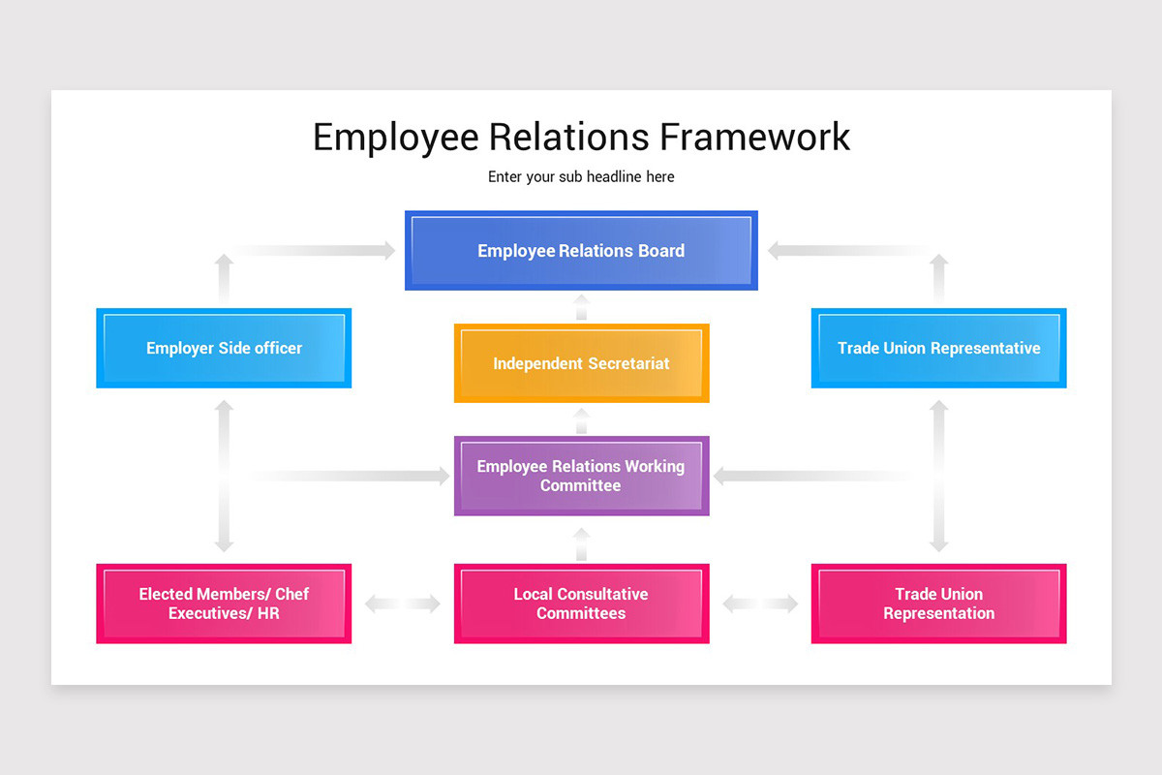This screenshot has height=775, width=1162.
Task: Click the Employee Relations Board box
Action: (581, 251)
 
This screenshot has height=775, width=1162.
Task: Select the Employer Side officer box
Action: (224, 348)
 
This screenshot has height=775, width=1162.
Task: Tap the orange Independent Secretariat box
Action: (581, 363)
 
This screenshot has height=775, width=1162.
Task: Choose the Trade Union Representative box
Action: (938, 348)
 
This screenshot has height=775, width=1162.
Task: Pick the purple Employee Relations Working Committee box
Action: (581, 476)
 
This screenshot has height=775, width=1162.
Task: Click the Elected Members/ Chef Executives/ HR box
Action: (224, 604)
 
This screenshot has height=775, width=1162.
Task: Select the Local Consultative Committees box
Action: (581, 604)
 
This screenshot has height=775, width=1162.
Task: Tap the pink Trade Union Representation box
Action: (938, 604)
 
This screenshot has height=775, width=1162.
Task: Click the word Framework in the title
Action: (754, 137)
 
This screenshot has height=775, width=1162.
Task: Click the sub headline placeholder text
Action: (581, 177)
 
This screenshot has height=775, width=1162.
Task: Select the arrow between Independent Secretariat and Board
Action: (581, 307)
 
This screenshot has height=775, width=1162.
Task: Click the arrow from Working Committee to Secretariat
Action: (581, 420)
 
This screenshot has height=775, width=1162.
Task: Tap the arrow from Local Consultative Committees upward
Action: (581, 544)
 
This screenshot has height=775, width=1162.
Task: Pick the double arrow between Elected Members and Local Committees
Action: (403, 604)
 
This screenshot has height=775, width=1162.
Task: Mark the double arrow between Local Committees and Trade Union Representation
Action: (760, 604)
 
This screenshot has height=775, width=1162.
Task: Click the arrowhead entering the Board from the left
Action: (387, 251)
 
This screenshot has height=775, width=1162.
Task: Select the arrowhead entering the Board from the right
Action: (776, 251)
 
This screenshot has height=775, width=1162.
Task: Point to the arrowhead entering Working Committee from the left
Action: (442, 476)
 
